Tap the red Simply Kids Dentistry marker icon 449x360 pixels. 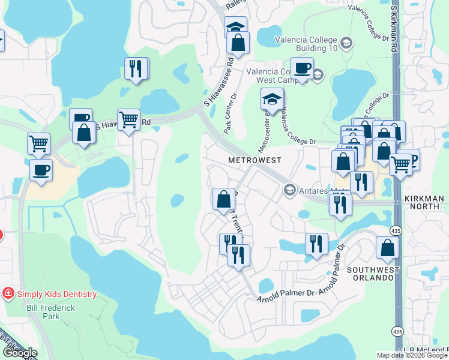[x=8, y=293]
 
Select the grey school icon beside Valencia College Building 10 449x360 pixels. [x=345, y=43]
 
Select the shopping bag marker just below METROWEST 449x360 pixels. [x=223, y=199]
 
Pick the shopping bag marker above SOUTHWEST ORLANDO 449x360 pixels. [x=387, y=247]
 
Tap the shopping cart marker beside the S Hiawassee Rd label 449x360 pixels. [x=128, y=119]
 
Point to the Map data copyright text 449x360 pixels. [x=412, y=355]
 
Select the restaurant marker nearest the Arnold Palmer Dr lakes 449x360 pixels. [x=316, y=243]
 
